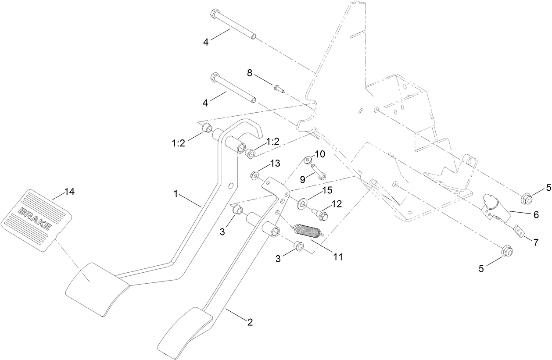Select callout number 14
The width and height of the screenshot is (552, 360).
(x=69, y=191)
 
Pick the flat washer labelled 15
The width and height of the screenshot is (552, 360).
(x=302, y=203)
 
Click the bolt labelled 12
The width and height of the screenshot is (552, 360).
(x=322, y=214)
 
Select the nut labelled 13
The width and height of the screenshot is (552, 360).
(x=254, y=176)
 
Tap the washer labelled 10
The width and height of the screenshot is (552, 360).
(x=308, y=158)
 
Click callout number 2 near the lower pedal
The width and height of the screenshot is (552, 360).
(x=250, y=323)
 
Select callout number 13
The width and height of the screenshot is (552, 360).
(x=275, y=163)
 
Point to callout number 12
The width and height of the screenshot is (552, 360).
(x=336, y=204)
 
